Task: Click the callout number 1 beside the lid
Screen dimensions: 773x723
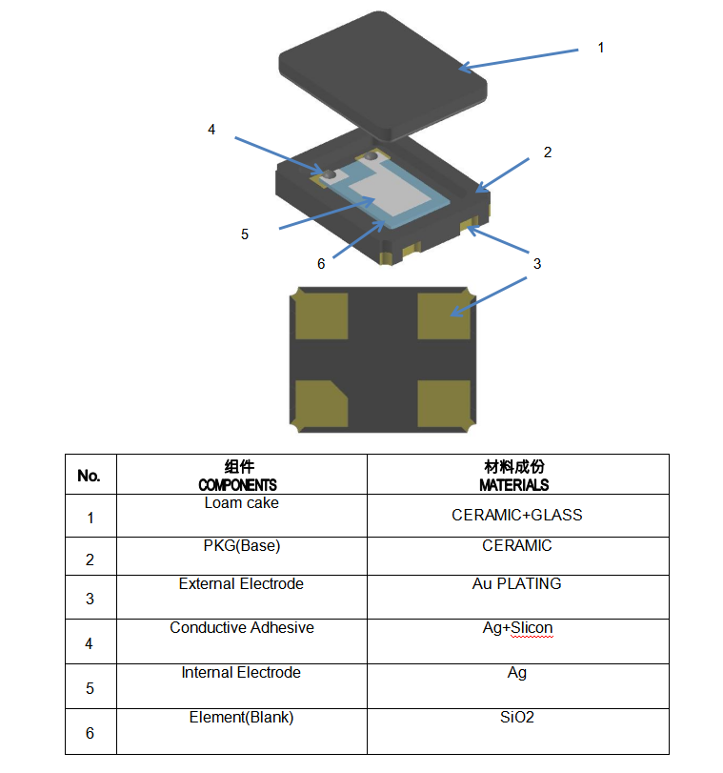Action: (x=600, y=48)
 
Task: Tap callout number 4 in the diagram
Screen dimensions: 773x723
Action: (x=211, y=129)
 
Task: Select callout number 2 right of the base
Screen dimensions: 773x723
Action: (x=548, y=153)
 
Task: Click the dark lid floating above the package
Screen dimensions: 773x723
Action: (x=381, y=71)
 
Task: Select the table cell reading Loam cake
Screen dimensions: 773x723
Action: (x=242, y=502)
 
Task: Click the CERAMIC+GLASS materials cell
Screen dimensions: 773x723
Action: (x=517, y=515)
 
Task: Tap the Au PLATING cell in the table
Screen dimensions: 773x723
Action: (x=517, y=583)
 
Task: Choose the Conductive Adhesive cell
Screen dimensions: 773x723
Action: (x=242, y=627)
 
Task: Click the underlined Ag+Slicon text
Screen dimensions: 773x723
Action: (x=517, y=628)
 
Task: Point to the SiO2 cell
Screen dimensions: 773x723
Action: (x=517, y=717)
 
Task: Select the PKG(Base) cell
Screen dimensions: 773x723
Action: (x=242, y=546)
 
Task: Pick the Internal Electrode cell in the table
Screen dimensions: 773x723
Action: (x=242, y=672)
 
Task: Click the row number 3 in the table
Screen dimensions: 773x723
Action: (x=90, y=599)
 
